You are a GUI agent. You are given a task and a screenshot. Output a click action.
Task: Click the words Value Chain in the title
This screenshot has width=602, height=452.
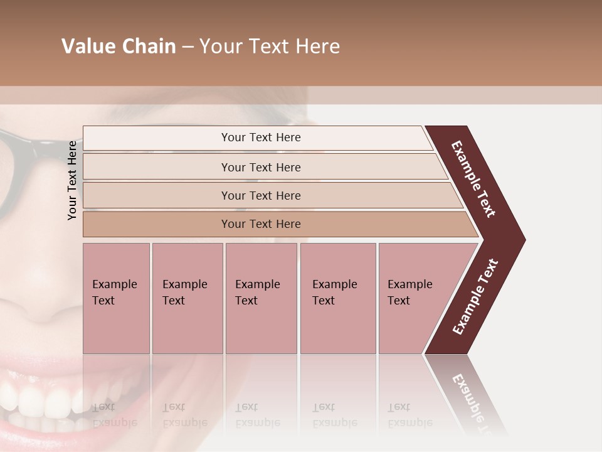point(119,46)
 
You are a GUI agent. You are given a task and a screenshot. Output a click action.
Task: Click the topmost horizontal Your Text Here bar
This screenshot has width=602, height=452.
point(260,137)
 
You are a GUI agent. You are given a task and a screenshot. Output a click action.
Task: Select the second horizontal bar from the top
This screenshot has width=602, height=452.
point(260,167)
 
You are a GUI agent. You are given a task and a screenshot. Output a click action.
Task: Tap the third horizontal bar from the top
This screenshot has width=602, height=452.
point(260,195)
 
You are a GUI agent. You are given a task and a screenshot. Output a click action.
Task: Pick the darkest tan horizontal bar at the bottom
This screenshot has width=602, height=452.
point(260,224)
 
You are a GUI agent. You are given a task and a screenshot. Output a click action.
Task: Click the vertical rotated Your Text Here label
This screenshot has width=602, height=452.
point(73,180)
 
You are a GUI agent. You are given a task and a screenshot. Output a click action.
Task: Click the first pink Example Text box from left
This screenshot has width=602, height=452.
point(116,298)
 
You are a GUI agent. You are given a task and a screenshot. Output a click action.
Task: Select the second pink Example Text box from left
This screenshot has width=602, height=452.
point(187,298)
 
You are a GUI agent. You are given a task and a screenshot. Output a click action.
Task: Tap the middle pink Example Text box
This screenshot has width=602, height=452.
point(261,298)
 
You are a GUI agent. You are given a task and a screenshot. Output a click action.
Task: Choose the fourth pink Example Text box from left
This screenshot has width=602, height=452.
point(337,298)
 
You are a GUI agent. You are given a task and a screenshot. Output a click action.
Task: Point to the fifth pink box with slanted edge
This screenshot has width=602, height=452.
point(414,298)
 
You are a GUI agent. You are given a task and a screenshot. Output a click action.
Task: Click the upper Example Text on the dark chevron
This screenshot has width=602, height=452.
point(474,179)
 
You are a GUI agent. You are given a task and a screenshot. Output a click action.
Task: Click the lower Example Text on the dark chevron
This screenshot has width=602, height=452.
point(475,296)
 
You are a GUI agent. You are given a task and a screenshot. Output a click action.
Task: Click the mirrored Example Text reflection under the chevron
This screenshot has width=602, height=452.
point(473,399)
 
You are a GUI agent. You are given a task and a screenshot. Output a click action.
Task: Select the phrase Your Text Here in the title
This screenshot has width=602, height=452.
point(270,46)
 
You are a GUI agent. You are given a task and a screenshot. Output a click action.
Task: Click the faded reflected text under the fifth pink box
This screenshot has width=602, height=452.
point(409,415)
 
